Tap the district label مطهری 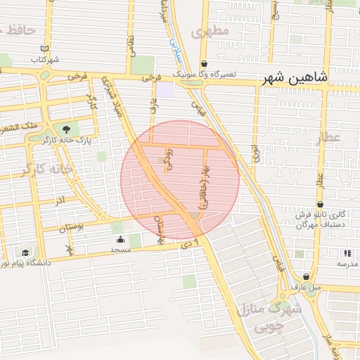210,31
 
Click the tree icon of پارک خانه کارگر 67,129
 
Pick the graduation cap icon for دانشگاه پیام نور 25,252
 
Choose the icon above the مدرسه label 346,253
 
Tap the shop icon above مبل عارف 306,276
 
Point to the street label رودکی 167,157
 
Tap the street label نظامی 131,47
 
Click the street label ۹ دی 195,243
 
